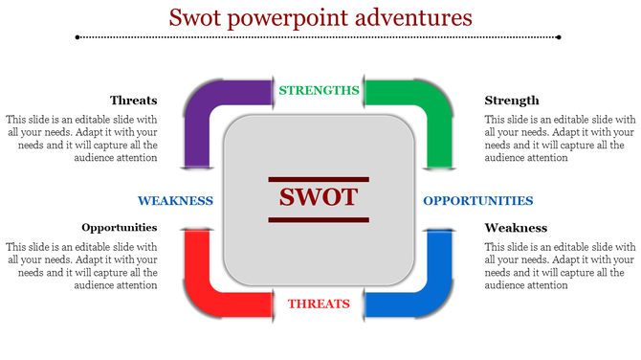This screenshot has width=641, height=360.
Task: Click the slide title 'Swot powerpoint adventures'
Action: pos(320,17)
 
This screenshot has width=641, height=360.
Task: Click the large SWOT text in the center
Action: pos(319,197)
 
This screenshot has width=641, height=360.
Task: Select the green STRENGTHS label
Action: pos(319,91)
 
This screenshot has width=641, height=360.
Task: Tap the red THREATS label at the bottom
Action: pos(319,304)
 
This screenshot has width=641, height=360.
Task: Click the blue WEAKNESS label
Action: pos(175,201)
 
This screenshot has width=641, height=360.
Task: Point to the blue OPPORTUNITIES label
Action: pos(477,201)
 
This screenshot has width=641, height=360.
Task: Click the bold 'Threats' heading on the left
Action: pos(133,101)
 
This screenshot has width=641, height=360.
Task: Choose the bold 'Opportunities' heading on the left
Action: pos(119,228)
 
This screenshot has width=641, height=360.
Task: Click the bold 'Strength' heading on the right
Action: pos(512,101)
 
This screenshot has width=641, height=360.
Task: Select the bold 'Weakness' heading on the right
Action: pos(516,228)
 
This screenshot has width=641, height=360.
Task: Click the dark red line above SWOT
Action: pos(319,178)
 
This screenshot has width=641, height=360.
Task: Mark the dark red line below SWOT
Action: pos(319,220)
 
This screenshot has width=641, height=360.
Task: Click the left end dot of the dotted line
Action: pos(77,37)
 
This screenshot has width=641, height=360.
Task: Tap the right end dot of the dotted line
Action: pos(560,37)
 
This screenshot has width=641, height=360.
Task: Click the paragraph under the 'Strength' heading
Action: pos(560,138)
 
